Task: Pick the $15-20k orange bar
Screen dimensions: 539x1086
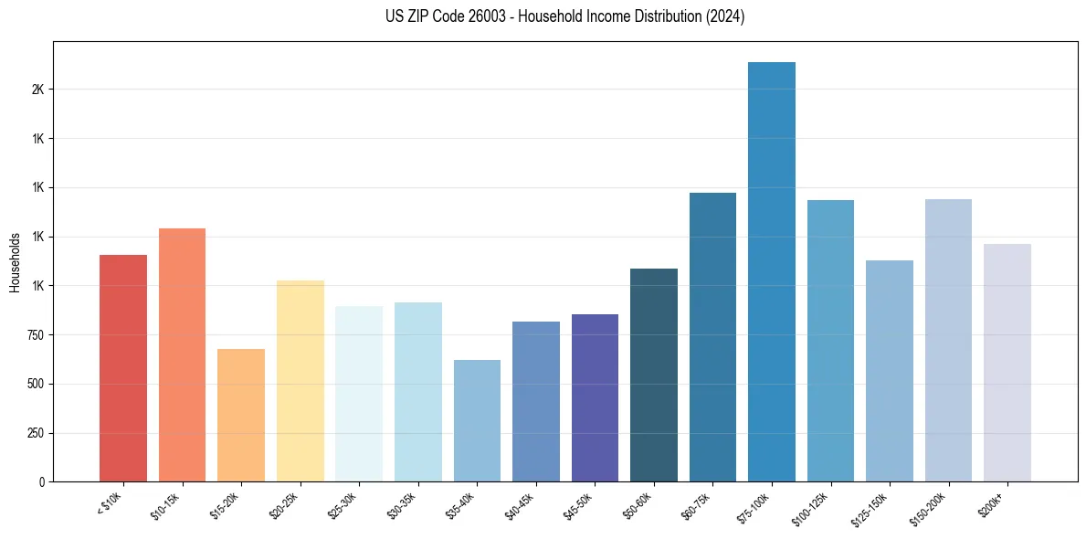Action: (x=241, y=415)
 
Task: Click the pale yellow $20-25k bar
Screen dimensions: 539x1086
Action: (x=300, y=381)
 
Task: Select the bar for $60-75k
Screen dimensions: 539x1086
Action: (x=712, y=337)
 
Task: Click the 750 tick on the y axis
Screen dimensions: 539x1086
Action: (x=33, y=335)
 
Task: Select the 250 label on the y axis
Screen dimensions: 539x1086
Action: (x=33, y=433)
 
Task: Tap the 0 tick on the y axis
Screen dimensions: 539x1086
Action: (x=41, y=481)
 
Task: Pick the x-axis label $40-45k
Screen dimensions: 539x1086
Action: (x=521, y=505)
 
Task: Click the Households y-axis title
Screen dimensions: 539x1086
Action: (x=15, y=262)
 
